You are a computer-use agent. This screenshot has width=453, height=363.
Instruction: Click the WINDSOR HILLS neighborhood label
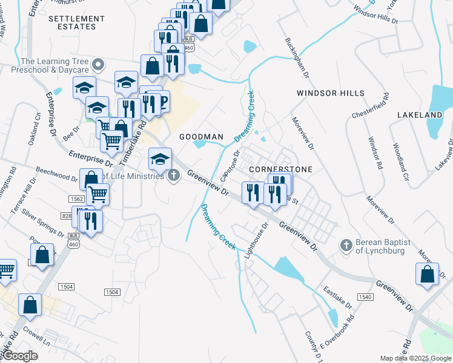click(330, 93)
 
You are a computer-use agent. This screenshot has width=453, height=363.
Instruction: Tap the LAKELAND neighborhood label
click(420, 115)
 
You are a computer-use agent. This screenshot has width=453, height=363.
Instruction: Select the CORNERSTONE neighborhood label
click(280, 170)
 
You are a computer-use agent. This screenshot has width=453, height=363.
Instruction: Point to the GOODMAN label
click(202, 137)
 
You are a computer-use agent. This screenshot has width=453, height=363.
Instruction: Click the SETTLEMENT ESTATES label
click(76, 23)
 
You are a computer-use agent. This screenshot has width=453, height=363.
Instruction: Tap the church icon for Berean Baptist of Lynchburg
click(346, 245)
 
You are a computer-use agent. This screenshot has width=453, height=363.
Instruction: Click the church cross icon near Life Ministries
click(174, 176)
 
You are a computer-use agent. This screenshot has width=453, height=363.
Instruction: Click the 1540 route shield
click(365, 297)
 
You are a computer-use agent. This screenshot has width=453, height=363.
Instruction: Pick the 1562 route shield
click(76, 199)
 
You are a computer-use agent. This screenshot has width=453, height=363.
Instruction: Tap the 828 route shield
click(67, 216)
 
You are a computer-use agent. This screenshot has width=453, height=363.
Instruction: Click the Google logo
click(19, 356)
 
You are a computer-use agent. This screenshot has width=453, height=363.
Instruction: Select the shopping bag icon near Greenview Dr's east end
click(427, 273)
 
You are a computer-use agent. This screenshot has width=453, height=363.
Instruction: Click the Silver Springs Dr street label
click(44, 223)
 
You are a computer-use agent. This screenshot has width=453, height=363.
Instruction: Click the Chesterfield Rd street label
click(370, 106)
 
